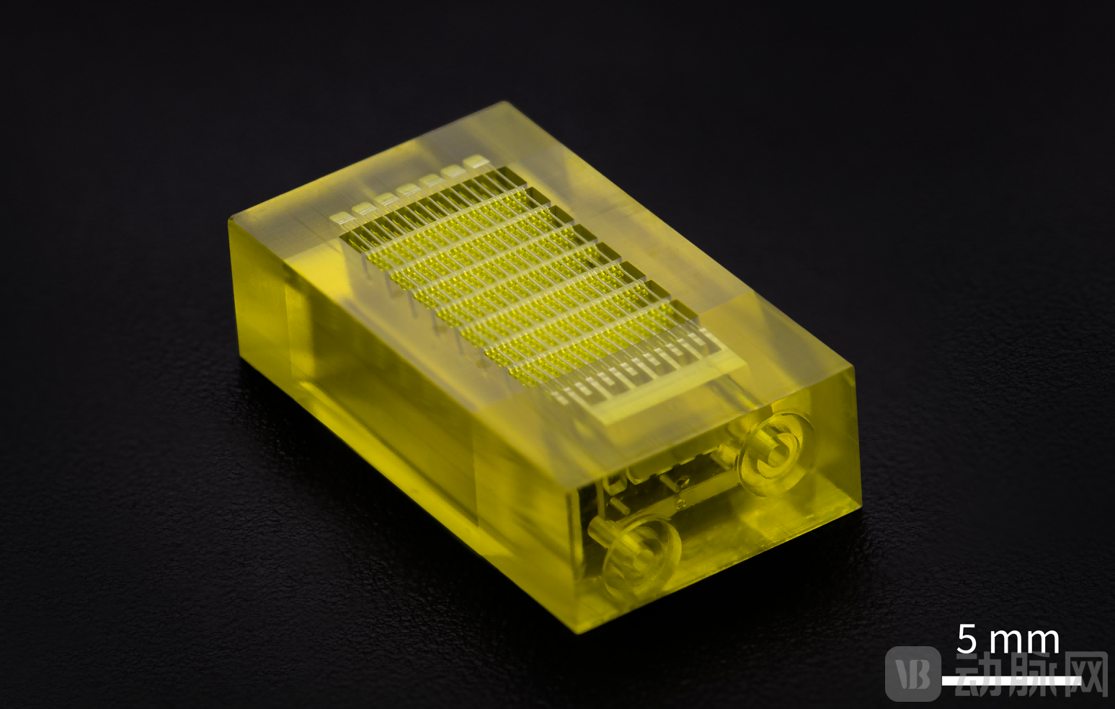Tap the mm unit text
[x=1024, y=642]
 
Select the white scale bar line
[x=1010, y=681]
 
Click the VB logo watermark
[x=913, y=674]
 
